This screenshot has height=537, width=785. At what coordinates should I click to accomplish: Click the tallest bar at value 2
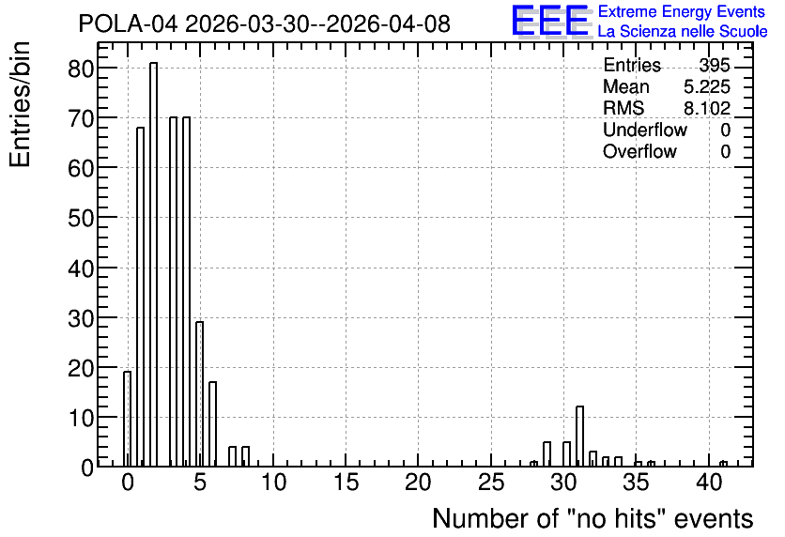point(153,265)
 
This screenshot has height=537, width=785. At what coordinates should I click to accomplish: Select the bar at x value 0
point(127,419)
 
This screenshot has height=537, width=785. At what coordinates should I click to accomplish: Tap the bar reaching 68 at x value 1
point(140,297)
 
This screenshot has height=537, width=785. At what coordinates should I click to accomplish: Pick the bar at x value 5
point(199,394)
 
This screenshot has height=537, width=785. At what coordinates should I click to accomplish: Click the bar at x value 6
point(213,424)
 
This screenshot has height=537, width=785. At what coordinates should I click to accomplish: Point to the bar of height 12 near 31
point(579,437)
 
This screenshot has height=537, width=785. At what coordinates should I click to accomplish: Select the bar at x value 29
point(546,454)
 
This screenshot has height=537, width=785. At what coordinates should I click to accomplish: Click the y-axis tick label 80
point(81,69)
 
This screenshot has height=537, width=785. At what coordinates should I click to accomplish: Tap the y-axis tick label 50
point(81,218)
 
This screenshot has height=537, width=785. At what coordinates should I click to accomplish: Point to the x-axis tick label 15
point(346,483)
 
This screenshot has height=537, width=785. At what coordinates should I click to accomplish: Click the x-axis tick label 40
point(709,483)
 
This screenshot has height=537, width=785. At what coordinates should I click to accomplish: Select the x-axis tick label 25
point(491,483)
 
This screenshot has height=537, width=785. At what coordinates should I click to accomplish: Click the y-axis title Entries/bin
point(20,104)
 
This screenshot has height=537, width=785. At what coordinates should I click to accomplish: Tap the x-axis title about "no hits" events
point(593,518)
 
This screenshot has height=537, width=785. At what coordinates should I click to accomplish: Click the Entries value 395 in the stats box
point(715,66)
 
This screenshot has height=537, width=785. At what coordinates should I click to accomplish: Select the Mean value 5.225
point(707,87)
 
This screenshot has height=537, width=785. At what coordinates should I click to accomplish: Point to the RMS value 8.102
point(707,109)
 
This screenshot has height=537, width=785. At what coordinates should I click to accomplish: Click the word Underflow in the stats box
point(645,130)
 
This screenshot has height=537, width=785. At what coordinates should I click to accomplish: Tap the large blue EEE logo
point(551,22)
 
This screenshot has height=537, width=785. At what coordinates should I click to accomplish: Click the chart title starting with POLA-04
point(265,24)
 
